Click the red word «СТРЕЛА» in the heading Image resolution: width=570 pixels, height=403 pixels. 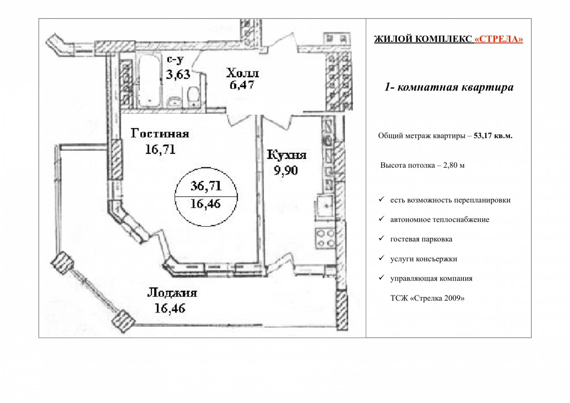tap(499, 39)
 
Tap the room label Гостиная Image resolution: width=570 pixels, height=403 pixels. tap(160, 133)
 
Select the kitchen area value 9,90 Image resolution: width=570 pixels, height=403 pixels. tap(285, 170)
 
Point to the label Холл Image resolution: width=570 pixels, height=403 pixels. tap(243, 73)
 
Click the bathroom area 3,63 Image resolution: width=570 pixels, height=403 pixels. tap(178, 75)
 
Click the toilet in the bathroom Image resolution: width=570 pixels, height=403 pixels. tap(193, 97)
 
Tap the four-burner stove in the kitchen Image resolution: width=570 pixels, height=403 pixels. tap(326, 239)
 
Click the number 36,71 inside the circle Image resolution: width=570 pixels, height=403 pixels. tap(206, 186)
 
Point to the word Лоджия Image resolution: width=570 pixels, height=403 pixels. tap(172, 293)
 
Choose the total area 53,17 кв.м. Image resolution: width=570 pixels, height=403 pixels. tap(493, 136)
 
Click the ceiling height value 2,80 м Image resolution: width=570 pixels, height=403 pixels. tap(454, 165)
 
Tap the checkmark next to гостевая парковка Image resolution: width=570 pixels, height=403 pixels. tap(381, 238)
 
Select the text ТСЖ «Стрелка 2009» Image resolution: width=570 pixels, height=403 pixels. tap(427, 298)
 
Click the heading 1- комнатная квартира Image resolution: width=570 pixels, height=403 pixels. tap(449, 87)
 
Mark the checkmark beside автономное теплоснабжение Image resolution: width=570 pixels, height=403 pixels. tap(381, 218)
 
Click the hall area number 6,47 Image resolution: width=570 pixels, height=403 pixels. tap(242, 85)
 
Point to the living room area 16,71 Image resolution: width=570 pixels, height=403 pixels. tap(160, 149)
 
